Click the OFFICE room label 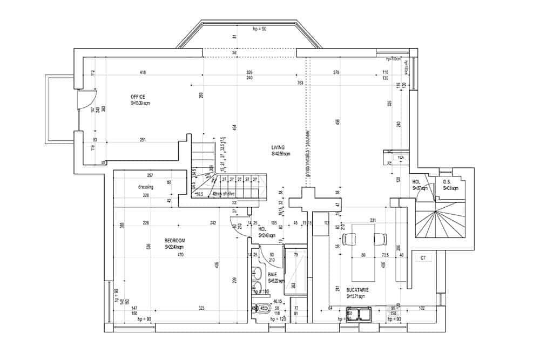click(x=137, y=97)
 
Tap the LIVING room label click(x=278, y=147)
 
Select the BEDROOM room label click(x=175, y=240)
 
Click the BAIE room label click(x=272, y=274)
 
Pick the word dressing click(x=145, y=187)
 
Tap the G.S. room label click(x=447, y=182)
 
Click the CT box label click(x=423, y=258)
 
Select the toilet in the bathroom click(x=262, y=310)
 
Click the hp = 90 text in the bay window click(x=259, y=28)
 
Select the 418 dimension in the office click(x=143, y=72)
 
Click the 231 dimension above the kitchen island click(x=372, y=220)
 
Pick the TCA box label click(x=400, y=158)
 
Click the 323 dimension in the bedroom click(x=201, y=308)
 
